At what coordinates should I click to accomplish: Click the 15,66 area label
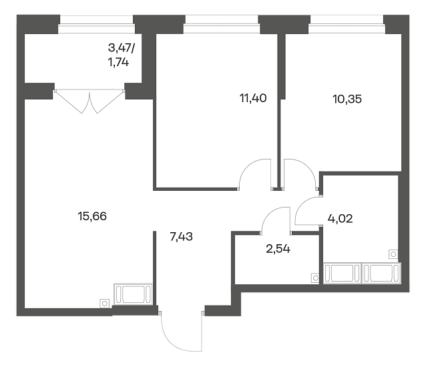point(92,216)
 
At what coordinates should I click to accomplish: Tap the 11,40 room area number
point(253,98)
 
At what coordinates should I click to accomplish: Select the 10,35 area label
point(347,99)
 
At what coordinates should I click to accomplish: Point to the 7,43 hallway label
point(181,237)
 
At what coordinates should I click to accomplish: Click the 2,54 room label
point(278,249)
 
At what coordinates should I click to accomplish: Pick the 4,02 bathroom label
point(340,218)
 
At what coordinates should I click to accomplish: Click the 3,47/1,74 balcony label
point(122,55)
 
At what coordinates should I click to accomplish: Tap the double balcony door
point(89,101)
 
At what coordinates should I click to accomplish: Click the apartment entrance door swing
point(182,332)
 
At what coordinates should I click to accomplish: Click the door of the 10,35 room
point(300,173)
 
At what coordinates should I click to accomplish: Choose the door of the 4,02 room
point(308,210)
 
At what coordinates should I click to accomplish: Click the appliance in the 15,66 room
point(133,294)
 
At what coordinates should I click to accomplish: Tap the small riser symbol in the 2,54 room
point(315,278)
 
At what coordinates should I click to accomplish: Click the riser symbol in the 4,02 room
point(393,254)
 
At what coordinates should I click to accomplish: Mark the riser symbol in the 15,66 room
point(104,303)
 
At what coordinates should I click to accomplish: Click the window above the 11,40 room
point(222,24)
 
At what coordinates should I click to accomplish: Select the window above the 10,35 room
point(347,24)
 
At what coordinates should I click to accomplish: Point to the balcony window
point(96,24)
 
